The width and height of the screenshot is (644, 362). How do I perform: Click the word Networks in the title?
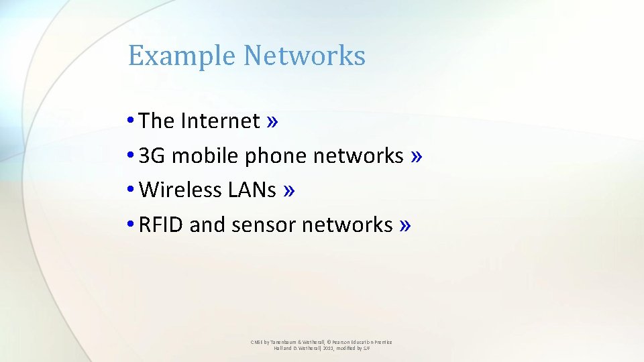[305, 56]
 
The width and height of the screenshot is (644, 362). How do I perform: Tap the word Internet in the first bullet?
[220, 121]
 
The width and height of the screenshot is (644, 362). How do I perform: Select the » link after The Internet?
[272, 121]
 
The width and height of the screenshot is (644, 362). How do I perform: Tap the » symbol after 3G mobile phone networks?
[417, 156]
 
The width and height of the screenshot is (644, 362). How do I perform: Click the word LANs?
[252, 190]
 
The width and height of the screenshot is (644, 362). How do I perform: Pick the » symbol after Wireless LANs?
[289, 190]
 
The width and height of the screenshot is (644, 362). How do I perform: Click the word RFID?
[161, 225]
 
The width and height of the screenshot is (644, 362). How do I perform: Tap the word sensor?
[264, 225]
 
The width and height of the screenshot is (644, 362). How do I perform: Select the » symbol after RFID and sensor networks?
[404, 225]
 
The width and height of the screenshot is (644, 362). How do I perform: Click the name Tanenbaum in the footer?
[286, 342]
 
